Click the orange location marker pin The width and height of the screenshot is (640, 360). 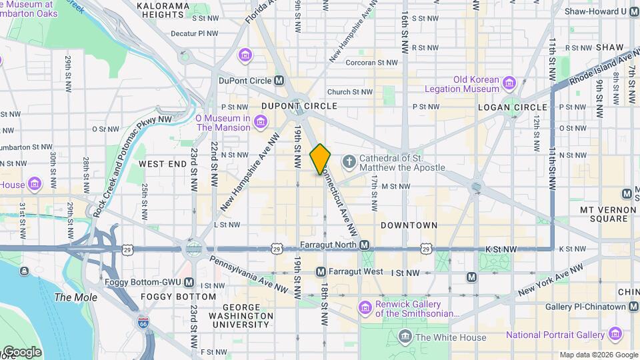320,159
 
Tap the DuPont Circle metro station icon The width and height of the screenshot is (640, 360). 279,81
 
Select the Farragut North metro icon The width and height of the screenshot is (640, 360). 365,245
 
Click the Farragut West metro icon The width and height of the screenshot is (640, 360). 321,271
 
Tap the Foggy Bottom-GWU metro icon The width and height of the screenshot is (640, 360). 189,281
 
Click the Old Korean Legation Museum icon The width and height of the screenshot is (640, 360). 510,83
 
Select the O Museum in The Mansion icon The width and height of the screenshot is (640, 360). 261,121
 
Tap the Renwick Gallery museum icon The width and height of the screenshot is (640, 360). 365,307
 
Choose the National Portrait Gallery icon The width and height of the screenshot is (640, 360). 615,334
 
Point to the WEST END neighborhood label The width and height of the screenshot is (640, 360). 163,163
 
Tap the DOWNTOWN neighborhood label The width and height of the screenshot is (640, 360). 409,225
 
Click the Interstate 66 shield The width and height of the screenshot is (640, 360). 143,323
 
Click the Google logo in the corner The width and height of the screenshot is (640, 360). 21,352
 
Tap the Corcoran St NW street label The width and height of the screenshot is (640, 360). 366,62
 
